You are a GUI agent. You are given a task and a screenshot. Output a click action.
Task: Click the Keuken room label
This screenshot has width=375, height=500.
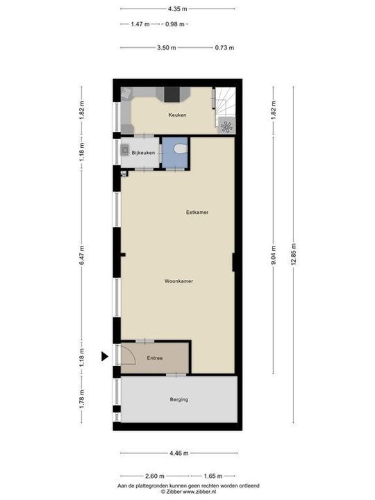pyautogui.click(x=177, y=115)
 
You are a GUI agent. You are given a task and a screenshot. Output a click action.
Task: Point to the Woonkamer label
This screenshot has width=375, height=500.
pyautogui.click(x=178, y=281)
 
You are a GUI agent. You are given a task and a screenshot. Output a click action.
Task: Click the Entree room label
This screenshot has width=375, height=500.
pyautogui.click(x=154, y=358)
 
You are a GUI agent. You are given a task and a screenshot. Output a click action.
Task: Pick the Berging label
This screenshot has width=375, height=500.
pyautogui.click(x=178, y=399)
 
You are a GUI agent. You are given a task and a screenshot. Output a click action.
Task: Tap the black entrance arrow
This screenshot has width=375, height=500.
pyautogui.click(x=105, y=357)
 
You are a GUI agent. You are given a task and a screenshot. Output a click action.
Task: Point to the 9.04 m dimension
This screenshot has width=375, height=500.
pyautogui.click(x=273, y=253)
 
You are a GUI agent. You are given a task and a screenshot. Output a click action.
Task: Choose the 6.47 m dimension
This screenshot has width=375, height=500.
pyautogui.click(x=81, y=252)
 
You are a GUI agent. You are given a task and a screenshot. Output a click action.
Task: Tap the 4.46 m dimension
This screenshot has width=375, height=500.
pyautogui.click(x=178, y=453)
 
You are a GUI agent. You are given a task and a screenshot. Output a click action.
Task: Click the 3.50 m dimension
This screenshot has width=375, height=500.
pyautogui.click(x=166, y=48)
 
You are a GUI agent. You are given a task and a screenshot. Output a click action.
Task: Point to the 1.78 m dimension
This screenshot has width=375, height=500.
pyautogui.click(x=81, y=399)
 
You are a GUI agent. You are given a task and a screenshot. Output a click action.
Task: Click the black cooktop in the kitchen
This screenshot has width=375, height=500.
pyautogui.click(x=171, y=94)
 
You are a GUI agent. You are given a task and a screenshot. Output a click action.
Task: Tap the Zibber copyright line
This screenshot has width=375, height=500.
pyautogui.click(x=187, y=491)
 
